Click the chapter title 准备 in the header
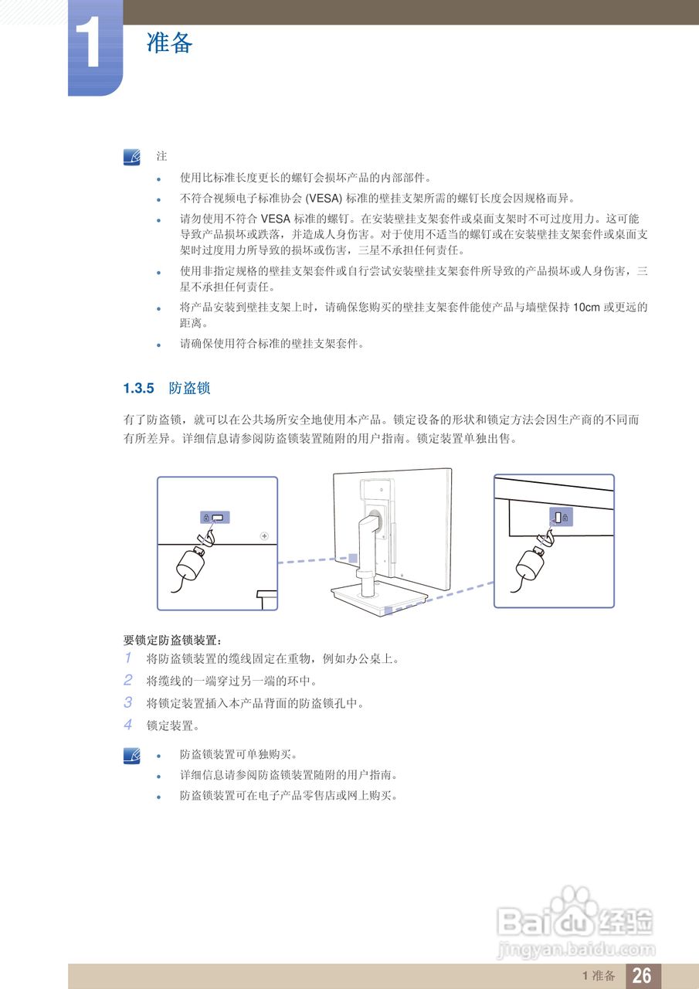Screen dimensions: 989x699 169,42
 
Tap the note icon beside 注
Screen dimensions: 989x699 132,157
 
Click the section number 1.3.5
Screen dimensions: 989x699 140,387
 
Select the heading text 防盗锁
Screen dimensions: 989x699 189,387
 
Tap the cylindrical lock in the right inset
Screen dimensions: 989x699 532,561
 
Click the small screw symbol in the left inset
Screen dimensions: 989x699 264,535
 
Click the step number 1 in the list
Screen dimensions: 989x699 128,659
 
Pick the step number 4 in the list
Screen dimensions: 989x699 128,726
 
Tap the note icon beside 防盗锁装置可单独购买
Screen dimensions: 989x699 132,754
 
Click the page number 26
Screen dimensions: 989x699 642,976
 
